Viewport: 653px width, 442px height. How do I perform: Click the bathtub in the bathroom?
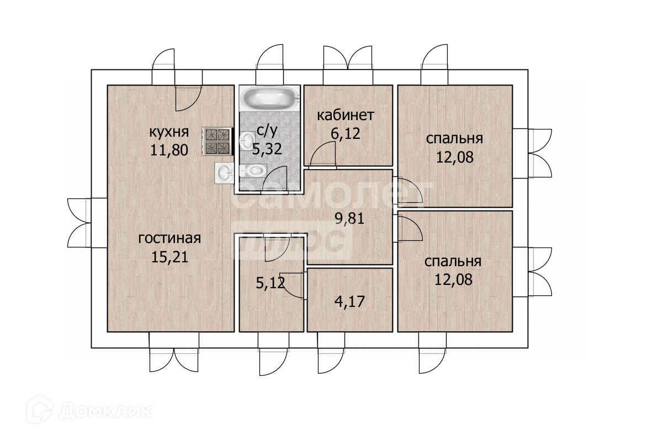tap(270, 98)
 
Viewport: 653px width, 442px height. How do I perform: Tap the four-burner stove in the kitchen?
tap(217, 141)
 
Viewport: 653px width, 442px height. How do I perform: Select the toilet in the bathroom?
tap(253, 170)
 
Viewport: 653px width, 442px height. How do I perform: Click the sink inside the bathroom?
tap(248, 140)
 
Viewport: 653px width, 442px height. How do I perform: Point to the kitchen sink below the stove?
tap(225, 173)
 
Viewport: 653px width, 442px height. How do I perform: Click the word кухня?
tap(169, 132)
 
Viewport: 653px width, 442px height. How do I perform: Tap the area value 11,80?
tap(169, 150)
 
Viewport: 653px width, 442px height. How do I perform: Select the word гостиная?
tap(169, 238)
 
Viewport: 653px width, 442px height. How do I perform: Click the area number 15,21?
tap(169, 257)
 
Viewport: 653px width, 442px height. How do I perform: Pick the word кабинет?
tap(346, 115)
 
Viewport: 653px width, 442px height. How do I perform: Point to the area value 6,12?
tap(345, 133)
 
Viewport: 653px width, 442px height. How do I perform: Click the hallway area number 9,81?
tap(350, 218)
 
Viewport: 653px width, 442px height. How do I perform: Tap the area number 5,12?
tap(270, 284)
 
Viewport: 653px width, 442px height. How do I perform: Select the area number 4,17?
tap(350, 301)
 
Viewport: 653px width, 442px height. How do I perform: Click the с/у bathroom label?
tap(267, 131)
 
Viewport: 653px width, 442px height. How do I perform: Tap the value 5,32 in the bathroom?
tap(267, 148)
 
